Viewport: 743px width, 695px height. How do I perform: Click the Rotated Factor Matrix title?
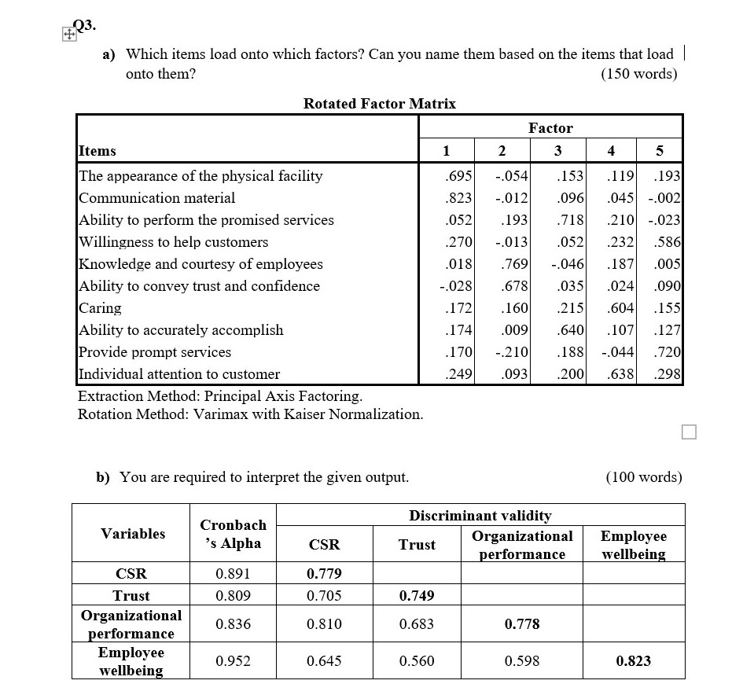point(379,104)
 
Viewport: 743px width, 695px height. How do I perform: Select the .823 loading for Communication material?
point(458,198)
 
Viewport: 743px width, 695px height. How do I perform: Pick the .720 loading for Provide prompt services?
point(668,352)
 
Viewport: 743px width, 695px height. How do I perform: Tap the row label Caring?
point(100,308)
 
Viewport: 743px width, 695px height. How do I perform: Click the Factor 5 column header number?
point(659,151)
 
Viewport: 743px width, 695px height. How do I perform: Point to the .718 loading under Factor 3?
point(568,220)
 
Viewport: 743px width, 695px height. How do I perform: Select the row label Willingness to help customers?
point(173,242)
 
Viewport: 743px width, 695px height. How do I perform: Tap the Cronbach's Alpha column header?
point(233,534)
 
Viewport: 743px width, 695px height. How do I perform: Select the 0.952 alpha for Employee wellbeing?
point(233,661)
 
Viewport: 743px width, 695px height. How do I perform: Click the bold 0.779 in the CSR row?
point(324,573)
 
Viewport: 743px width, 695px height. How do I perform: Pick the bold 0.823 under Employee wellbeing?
point(634,661)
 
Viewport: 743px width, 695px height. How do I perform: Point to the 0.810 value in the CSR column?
point(324,624)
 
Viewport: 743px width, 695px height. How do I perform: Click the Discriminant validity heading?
point(480,516)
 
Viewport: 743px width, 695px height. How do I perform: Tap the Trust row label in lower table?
point(131,596)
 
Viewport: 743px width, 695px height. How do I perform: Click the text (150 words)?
point(638,74)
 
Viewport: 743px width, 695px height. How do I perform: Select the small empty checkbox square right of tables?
point(689,432)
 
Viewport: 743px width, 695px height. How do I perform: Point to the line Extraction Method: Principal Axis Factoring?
point(220,396)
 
